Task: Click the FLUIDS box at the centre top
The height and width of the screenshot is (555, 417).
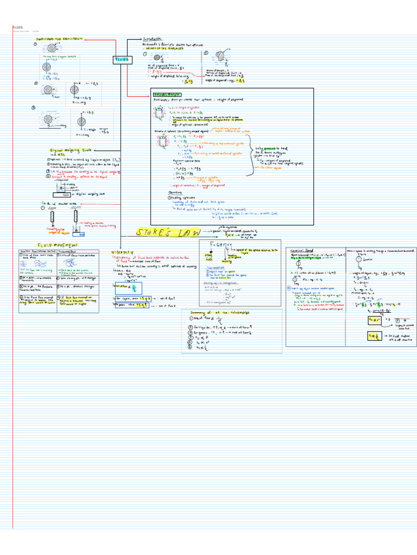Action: [x=123, y=59]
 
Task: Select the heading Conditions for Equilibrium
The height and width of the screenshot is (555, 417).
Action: [x=60, y=40]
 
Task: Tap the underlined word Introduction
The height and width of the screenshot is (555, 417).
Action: [x=154, y=40]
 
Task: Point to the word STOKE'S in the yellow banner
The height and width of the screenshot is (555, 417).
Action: [x=154, y=233]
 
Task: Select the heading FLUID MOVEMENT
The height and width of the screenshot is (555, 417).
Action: [x=58, y=244]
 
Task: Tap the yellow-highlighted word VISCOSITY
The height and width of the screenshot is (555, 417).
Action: [x=123, y=253]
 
